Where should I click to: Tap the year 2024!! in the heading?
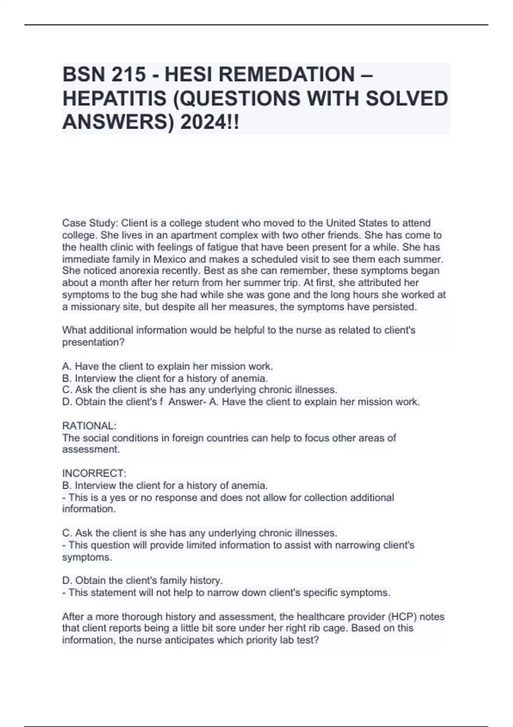pyautogui.click(x=210, y=123)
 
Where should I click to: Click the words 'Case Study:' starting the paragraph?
pyautogui.click(x=90, y=223)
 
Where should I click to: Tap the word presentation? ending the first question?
pyautogui.click(x=93, y=343)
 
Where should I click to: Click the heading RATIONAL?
pyautogui.click(x=89, y=426)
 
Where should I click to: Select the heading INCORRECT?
pyautogui.click(x=94, y=473)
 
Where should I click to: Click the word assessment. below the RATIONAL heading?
pyautogui.click(x=91, y=449)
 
